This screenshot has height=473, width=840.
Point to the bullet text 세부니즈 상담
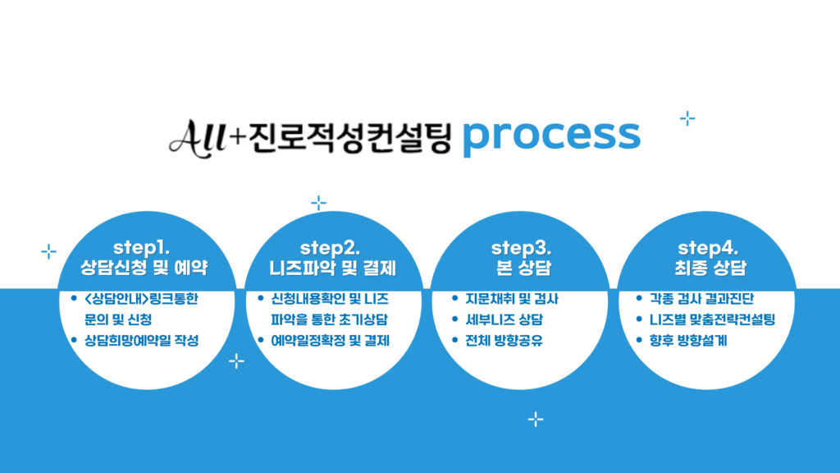coord(505,320)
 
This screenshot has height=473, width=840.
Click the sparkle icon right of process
coord(687,119)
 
